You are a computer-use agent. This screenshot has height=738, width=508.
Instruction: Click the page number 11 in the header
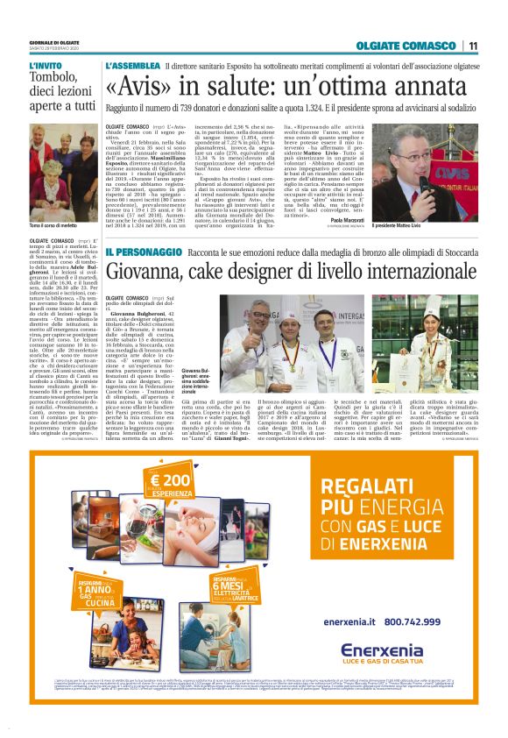click(x=473, y=46)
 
